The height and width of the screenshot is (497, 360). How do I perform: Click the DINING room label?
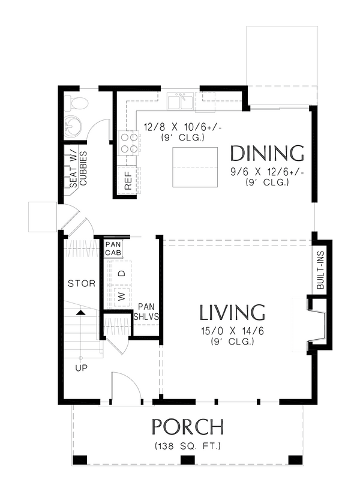click(x=268, y=153)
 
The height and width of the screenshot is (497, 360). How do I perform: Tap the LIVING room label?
click(x=232, y=313)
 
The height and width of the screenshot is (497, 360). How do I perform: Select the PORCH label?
click(x=188, y=427)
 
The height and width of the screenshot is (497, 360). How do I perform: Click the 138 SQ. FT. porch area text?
click(x=188, y=446)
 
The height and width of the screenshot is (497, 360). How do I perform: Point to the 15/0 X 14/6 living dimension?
click(x=232, y=331)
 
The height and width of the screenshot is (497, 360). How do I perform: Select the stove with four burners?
click(x=129, y=142)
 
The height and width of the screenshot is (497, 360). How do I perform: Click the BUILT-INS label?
click(x=320, y=271)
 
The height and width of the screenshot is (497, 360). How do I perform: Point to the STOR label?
click(x=82, y=283)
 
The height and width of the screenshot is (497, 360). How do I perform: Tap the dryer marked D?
click(x=121, y=274)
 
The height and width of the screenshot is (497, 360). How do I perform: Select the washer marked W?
click(x=121, y=297)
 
